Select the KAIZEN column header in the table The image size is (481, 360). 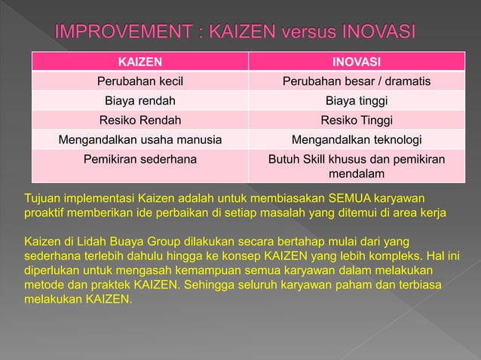click(140, 61)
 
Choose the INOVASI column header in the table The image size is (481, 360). click(357, 61)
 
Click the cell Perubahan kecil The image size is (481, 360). click(140, 81)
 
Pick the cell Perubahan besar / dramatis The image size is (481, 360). click(357, 81)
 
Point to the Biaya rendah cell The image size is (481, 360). click(140, 100)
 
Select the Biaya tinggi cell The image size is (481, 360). click(357, 100)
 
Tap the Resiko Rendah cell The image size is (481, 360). click(140, 120)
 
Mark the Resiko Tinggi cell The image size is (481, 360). click(357, 120)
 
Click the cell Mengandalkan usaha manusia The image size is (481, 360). click(140, 139)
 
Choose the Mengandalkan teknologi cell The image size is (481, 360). click(357, 139)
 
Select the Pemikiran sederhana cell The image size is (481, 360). click(140, 159)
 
